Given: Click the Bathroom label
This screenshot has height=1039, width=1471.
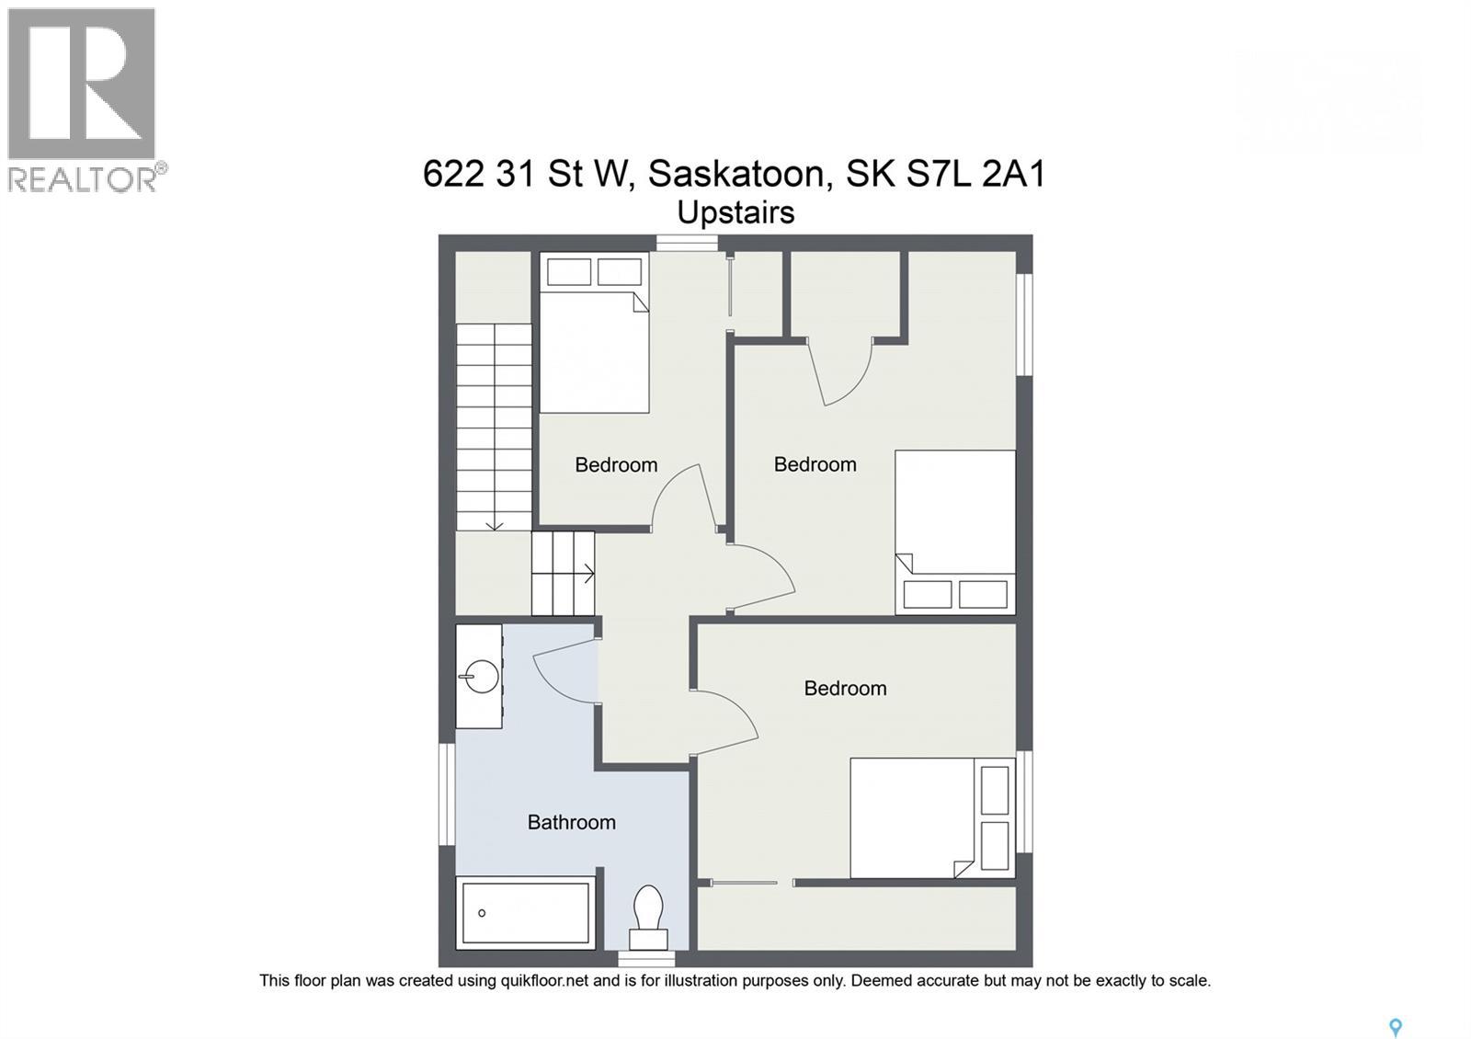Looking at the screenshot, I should pos(571,822).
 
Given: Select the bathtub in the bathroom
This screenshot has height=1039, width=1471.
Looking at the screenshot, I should pos(526,912).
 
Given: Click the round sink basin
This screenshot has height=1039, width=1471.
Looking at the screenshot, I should pos(481,678).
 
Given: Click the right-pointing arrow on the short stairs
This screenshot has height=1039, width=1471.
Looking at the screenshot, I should pos(586,574).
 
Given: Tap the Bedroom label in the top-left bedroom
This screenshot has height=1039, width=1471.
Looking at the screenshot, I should pos(616,464).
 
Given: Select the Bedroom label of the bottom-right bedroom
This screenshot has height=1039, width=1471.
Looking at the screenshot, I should pos(845,688).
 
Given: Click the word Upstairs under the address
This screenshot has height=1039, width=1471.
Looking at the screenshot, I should pos(735,212).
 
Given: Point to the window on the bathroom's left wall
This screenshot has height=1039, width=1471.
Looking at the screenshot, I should pos(447,794).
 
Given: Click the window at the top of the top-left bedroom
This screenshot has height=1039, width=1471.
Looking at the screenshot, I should pos(687,243).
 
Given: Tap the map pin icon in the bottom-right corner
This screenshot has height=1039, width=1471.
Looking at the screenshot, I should pos(1395,1027).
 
